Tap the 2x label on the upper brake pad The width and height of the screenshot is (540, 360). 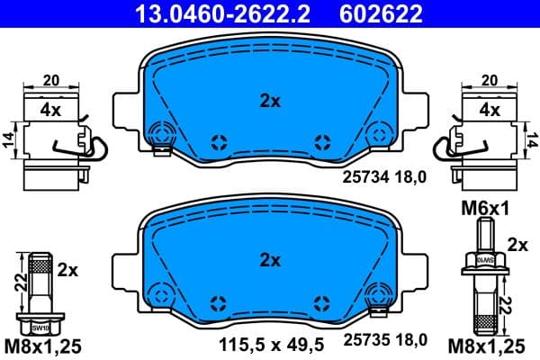point(270,102)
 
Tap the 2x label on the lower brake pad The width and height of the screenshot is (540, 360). point(270,261)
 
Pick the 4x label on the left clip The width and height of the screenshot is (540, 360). point(50,111)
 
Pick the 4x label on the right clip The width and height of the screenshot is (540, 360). point(489,111)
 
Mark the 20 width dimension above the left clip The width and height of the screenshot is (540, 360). point(50,80)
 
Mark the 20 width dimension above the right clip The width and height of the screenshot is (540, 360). point(489,80)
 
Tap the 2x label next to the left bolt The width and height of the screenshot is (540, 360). point(68,269)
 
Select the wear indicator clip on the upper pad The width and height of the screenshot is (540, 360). point(163,137)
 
